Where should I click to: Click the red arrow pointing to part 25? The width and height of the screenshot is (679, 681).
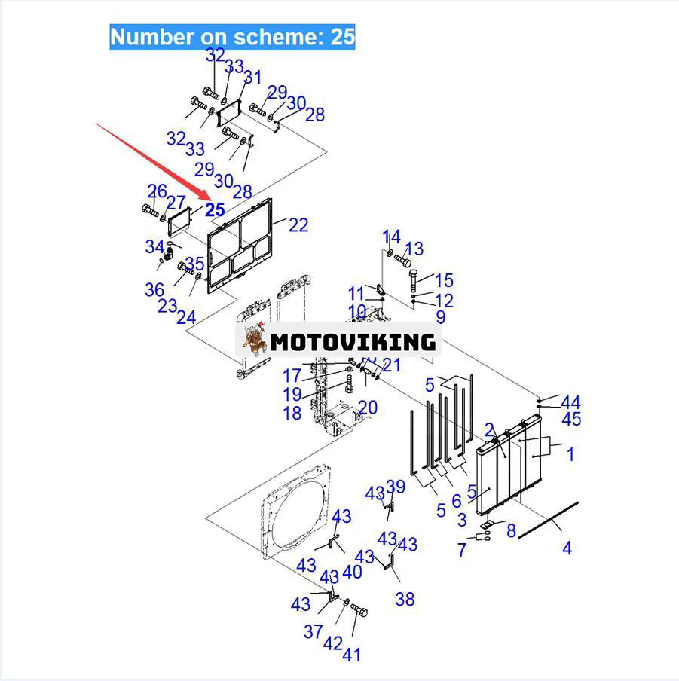tap(153, 163)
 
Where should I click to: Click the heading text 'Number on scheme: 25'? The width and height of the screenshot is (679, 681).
tap(232, 37)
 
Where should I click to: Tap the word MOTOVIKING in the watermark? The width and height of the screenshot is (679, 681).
tap(353, 342)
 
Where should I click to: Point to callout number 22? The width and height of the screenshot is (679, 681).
tap(298, 225)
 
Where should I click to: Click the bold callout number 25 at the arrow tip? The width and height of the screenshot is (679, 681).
tap(215, 209)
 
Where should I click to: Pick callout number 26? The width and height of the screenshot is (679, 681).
tap(158, 191)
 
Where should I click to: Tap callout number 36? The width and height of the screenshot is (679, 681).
tap(154, 290)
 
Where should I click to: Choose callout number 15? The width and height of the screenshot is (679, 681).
tap(444, 280)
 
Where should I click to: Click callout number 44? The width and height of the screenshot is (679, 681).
tap(570, 402)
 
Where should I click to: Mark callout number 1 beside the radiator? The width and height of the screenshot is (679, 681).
tap(570, 454)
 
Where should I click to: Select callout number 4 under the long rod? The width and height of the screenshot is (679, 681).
tap(567, 548)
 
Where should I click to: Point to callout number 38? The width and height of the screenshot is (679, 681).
tap(405, 600)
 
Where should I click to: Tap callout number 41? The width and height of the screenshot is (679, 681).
tap(351, 655)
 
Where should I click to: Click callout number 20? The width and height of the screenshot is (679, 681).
tap(368, 408)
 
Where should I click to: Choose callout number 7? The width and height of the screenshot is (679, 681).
tap(462, 550)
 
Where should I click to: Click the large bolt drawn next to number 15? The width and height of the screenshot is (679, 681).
tap(414, 280)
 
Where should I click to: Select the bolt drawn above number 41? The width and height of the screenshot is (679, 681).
tap(359, 610)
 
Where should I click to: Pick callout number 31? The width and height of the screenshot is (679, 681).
tap(252, 78)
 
